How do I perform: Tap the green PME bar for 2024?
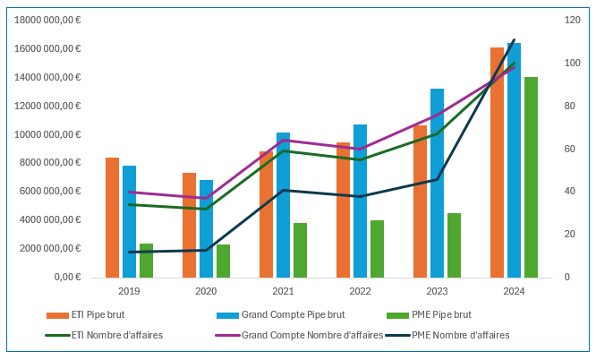(531, 179)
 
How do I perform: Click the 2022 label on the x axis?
(360, 291)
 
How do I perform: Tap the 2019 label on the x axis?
(129, 291)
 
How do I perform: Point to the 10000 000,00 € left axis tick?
(45, 134)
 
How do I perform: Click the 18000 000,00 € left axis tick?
(45, 20)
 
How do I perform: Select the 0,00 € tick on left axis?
(65, 277)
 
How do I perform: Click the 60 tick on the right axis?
(566, 149)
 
